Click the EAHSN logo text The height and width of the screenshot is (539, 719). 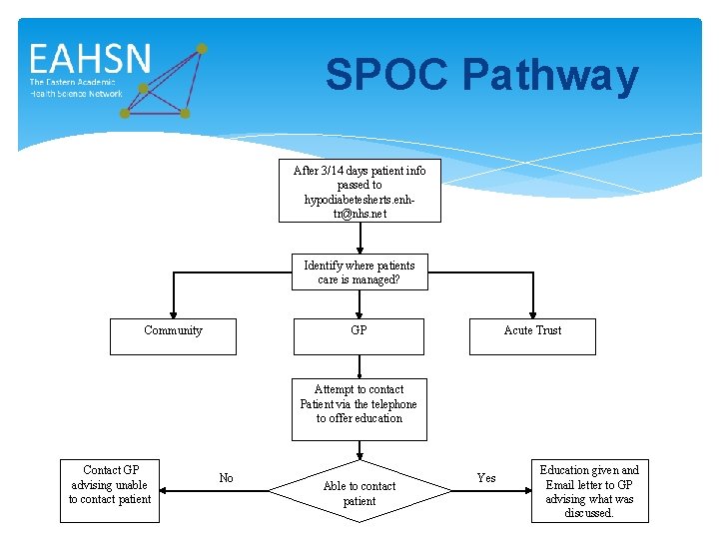90,59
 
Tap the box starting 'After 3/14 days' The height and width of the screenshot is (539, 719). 359,192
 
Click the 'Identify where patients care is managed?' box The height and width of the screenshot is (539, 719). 359,272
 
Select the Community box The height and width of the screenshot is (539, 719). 174,336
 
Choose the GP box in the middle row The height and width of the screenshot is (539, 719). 359,336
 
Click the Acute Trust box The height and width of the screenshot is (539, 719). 532,336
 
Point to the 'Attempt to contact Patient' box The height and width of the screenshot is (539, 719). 359,408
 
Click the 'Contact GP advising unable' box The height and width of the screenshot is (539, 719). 110,485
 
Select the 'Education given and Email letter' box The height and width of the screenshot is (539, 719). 589,491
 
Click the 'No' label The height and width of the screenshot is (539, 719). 227,478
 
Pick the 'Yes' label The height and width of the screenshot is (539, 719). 486,478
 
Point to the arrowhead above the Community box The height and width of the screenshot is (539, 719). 174,311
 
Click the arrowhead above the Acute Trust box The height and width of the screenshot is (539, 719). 532,311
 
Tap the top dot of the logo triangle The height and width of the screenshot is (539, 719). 202,48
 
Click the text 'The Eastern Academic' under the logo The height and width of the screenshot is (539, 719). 72,82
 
